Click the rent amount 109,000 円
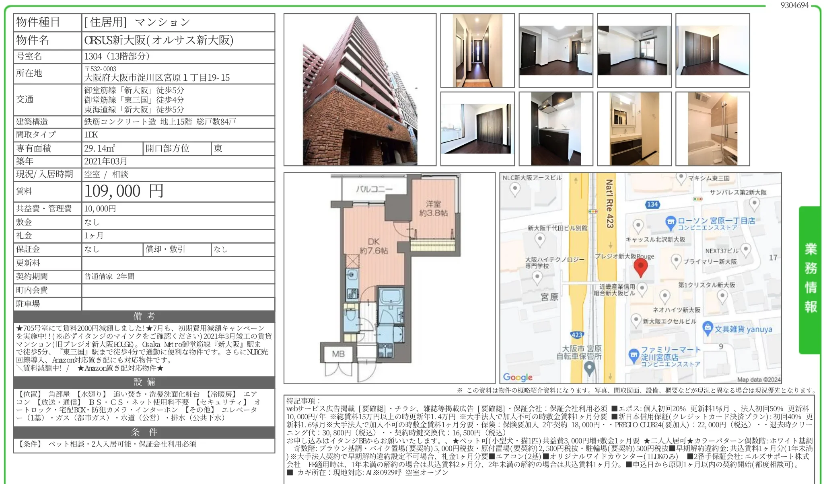124,191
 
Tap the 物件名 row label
33,40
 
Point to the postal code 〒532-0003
100,69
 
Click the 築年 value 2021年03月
106,161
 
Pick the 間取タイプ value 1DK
91,135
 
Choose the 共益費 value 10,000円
100,209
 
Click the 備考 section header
144,316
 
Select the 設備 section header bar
144,382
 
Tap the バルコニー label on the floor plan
374,189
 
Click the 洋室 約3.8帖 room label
433,208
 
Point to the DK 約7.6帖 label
374,246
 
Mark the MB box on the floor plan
338,354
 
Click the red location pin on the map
640,267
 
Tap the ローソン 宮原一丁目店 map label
716,224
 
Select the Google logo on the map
518,377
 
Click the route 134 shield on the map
652,204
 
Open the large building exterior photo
360,90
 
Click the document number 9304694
794,5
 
